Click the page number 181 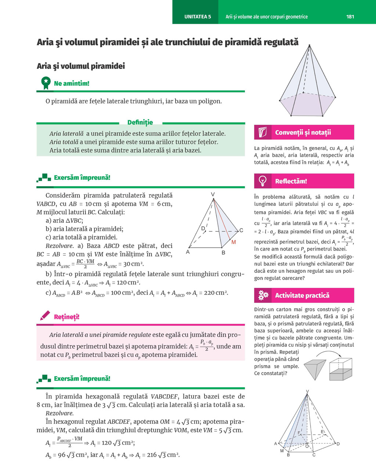(350, 17)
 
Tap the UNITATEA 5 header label (198, 17)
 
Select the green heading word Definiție (140, 122)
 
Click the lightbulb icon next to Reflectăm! (263, 181)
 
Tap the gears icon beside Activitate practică (263, 295)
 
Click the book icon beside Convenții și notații (263, 132)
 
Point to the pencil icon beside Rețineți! (45, 316)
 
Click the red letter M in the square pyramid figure (234, 242)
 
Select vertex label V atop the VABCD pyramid (213, 194)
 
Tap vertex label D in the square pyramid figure (203, 228)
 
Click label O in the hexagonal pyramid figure (307, 446)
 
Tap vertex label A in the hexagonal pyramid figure (276, 444)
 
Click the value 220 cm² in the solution (216, 293)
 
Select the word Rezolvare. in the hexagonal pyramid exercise (59, 413)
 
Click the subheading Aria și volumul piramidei (81, 66)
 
